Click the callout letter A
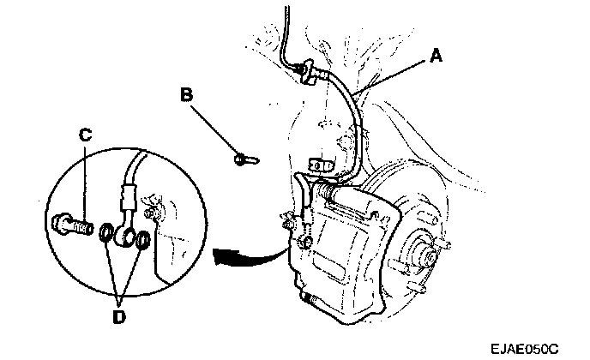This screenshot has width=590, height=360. point(436,56)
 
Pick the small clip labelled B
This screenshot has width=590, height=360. point(244,158)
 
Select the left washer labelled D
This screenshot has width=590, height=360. point(107,232)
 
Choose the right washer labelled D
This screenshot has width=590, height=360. point(143,237)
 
